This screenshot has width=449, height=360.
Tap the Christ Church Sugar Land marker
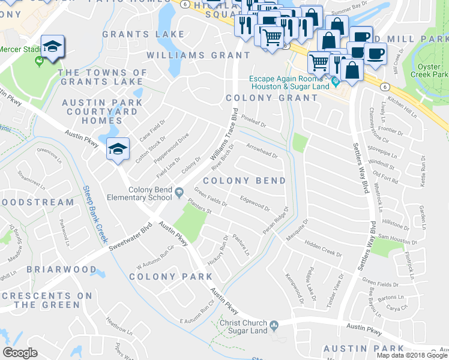click(x=274, y=326)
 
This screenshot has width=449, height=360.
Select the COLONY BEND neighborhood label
click(x=244, y=181)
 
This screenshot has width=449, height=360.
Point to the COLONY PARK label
click(x=170, y=277)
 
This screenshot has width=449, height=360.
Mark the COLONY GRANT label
click(x=272, y=98)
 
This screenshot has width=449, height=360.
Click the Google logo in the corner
click(x=20, y=353)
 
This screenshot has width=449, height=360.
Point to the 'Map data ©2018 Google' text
click(x=411, y=355)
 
